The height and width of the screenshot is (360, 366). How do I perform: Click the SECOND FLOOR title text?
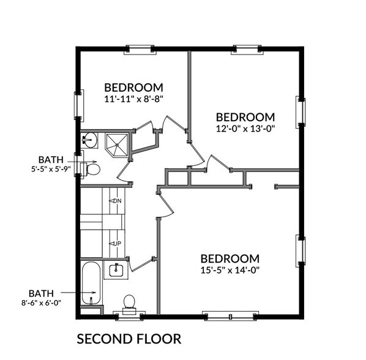(129, 339)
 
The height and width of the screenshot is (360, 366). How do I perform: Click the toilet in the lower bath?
(129, 302)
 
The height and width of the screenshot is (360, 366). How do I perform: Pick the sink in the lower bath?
(116, 269)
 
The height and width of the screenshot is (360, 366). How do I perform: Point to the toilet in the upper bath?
(91, 168)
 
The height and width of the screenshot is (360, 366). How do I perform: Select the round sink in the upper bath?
(89, 140)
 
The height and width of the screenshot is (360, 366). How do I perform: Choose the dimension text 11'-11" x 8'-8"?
(133, 98)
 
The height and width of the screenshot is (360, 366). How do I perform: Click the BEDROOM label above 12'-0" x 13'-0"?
(245, 116)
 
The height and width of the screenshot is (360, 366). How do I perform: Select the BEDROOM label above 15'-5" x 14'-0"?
(230, 258)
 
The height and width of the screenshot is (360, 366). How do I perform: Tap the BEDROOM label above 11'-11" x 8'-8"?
(133, 86)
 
